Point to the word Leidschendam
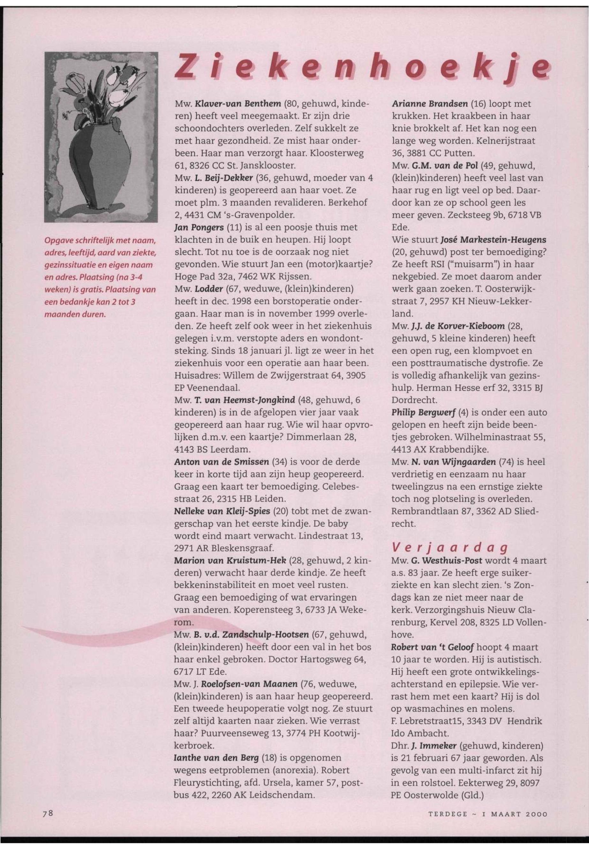point(283,794)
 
